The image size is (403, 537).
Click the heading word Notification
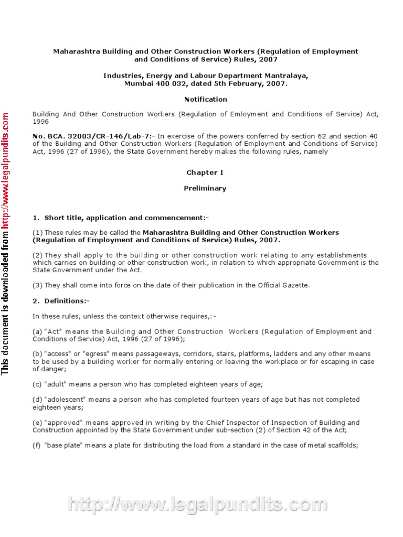(x=205, y=99)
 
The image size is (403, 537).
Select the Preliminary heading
(x=205, y=188)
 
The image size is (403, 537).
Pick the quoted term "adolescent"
(x=62, y=400)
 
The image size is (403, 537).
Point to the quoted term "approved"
(x=59, y=423)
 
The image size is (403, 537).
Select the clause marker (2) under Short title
(x=38, y=255)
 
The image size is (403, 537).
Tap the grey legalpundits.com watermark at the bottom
(x=198, y=505)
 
